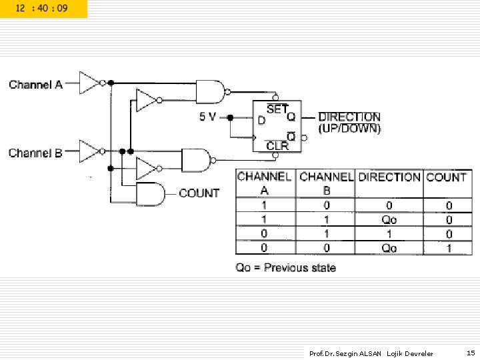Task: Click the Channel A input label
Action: pyautogui.click(x=35, y=85)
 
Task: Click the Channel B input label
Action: pyautogui.click(x=35, y=153)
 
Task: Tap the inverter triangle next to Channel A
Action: pyautogui.click(x=89, y=83)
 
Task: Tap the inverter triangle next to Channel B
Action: pyautogui.click(x=89, y=151)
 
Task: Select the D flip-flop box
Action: pyautogui.click(x=276, y=125)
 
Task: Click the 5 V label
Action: pyautogui.click(x=207, y=117)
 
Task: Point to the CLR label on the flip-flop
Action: pyautogui.click(x=277, y=145)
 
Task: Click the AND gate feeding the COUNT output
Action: pyautogui.click(x=150, y=194)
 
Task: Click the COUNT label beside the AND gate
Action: pyautogui.click(x=199, y=193)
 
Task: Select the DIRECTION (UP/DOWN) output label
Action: pyautogui.click(x=349, y=122)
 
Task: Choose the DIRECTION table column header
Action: pyautogui.click(x=389, y=177)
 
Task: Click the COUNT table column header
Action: pyautogui.click(x=446, y=177)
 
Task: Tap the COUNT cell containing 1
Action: pyautogui.click(x=448, y=248)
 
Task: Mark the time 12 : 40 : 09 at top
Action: pyautogui.click(x=43, y=9)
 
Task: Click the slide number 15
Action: pyautogui.click(x=471, y=353)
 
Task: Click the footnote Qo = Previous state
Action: pyautogui.click(x=285, y=268)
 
